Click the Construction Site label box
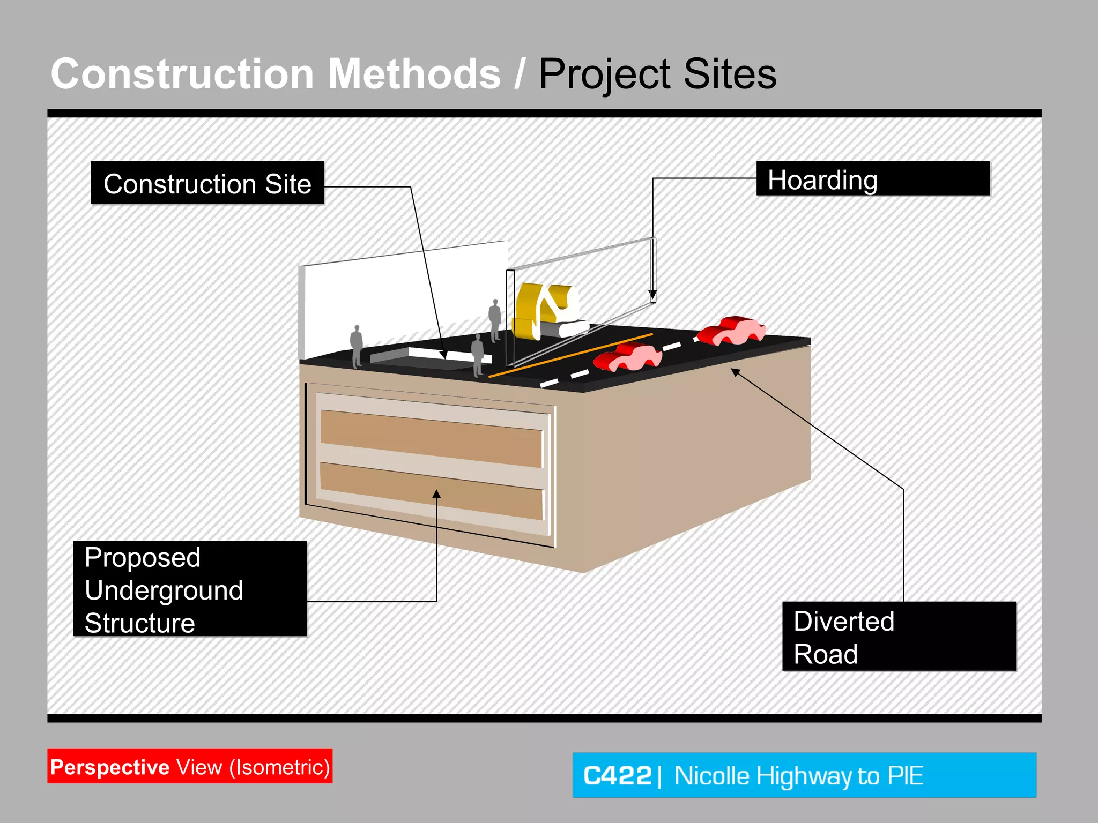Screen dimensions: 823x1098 [x=207, y=183]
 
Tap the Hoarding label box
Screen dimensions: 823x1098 [x=872, y=179]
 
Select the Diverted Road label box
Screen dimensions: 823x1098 [x=899, y=637]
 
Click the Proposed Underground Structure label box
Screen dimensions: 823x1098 [x=190, y=589]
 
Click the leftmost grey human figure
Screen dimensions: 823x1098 [x=357, y=346]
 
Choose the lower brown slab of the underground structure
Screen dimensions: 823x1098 [x=432, y=490]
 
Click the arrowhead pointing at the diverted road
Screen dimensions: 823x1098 [x=736, y=372]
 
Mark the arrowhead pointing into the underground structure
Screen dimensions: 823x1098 [x=436, y=494]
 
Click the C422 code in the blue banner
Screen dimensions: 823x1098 [x=617, y=775]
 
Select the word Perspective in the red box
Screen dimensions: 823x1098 [x=110, y=767]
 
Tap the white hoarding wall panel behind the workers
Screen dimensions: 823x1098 [x=402, y=300]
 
